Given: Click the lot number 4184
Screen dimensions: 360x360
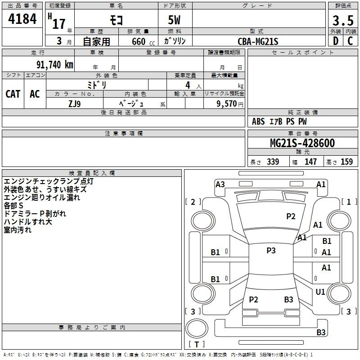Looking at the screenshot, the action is point(22,19).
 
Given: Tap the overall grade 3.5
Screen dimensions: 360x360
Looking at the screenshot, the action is point(343,20).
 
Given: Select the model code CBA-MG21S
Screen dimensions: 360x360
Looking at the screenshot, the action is point(258,41).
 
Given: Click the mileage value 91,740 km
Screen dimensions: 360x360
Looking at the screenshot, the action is point(55,65).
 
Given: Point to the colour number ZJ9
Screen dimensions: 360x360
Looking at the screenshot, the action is point(75,104).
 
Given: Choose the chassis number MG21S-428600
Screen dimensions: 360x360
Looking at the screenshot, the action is point(302,143).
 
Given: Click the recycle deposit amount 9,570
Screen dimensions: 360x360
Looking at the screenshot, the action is point(226,104).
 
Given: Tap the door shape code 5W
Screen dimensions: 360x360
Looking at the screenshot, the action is point(174,20).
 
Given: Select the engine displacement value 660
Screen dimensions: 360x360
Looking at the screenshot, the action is point(139,41).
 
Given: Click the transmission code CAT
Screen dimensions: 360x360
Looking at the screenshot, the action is point(13,94).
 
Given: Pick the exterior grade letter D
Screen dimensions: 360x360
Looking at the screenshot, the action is point(336,41).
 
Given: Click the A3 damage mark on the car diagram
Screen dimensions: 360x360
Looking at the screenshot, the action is point(220,184).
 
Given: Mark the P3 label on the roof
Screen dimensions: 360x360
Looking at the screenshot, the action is point(271,250).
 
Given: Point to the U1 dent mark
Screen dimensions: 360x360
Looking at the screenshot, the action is point(320,292).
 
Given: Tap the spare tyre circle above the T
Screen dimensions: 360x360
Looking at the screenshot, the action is point(197,328).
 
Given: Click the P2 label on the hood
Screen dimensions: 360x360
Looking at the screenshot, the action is point(291,216).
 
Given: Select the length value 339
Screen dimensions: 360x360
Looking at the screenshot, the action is point(273,162).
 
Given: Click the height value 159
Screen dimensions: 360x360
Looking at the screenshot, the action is point(346,162).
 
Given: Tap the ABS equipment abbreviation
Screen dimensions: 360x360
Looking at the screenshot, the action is point(258,121).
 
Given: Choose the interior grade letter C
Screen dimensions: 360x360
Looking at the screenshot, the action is point(350,41).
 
